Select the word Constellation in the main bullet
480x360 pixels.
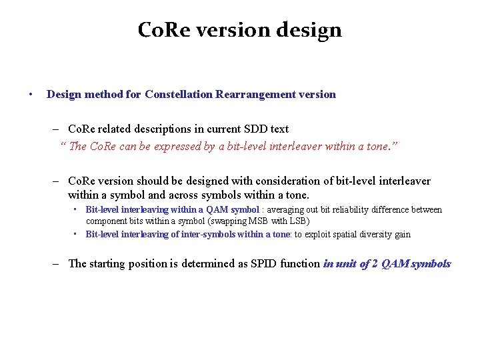click(178, 94)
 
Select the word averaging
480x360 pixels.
click(285, 210)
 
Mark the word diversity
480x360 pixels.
click(380, 235)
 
